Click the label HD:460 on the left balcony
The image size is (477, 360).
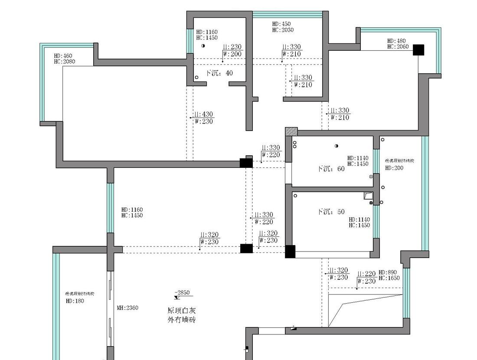click(63, 56)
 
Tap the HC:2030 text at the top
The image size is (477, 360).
click(283, 30)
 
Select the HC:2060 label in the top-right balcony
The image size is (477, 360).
click(398, 47)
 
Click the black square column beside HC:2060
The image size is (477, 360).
click(418, 50)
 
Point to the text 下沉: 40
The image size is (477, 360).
click(219, 73)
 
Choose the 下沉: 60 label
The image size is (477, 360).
click(331, 169)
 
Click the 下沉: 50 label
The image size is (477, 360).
click(331, 212)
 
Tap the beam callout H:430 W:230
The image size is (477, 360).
click(203, 118)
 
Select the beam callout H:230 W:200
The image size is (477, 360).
click(232, 50)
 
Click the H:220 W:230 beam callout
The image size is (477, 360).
click(366, 278)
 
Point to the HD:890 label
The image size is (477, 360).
click(388, 272)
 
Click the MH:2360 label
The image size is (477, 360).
click(127, 308)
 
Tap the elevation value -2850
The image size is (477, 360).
click(182, 293)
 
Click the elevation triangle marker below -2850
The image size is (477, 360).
click(177, 298)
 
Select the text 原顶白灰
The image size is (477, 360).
click(182, 311)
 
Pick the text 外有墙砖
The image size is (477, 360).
click(182, 320)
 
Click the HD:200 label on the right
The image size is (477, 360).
click(394, 168)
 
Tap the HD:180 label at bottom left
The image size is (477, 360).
click(75, 301)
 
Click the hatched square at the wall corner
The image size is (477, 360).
click(291, 131)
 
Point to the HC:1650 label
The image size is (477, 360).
click(389, 278)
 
